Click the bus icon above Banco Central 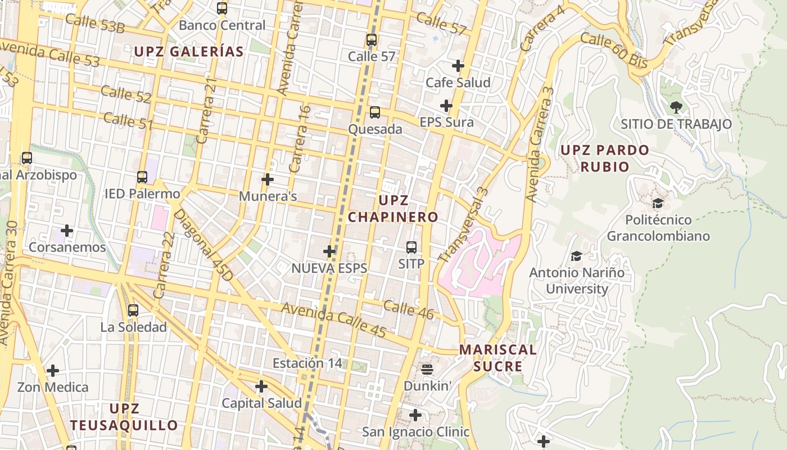point(222,8)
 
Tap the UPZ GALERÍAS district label point(188,52)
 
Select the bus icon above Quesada point(375,112)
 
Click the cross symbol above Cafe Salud point(458,66)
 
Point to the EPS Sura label point(446,122)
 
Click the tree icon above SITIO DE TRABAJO point(676,107)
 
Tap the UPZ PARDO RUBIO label point(604,159)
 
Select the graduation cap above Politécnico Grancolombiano point(658,203)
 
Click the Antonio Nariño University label point(577,281)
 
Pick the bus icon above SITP point(411,247)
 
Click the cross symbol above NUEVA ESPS point(330,251)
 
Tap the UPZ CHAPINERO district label point(393,209)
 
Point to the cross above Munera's point(268,180)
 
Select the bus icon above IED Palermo point(142,177)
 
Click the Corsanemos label point(67,247)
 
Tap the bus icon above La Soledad point(133,310)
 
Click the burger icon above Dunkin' point(427,370)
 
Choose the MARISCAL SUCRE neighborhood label point(497,358)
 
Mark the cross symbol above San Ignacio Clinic point(415,415)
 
